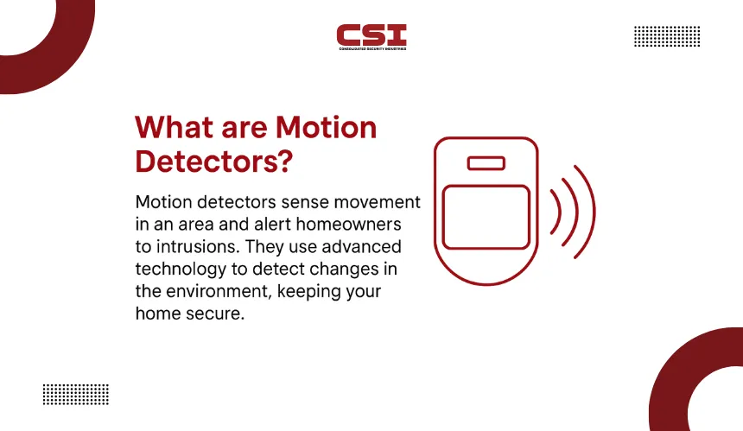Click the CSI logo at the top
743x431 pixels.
tap(371, 37)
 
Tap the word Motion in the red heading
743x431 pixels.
tap(326, 127)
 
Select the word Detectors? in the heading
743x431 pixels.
tap(214, 161)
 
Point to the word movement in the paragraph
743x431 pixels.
tap(378, 202)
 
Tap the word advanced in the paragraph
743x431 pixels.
tap(361, 246)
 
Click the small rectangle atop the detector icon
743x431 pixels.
tap(486, 163)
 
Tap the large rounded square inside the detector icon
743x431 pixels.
tap(486, 217)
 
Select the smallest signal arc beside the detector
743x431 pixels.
tap(558, 212)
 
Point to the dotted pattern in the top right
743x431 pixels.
tap(667, 36)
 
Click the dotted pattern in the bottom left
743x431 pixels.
tap(76, 395)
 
